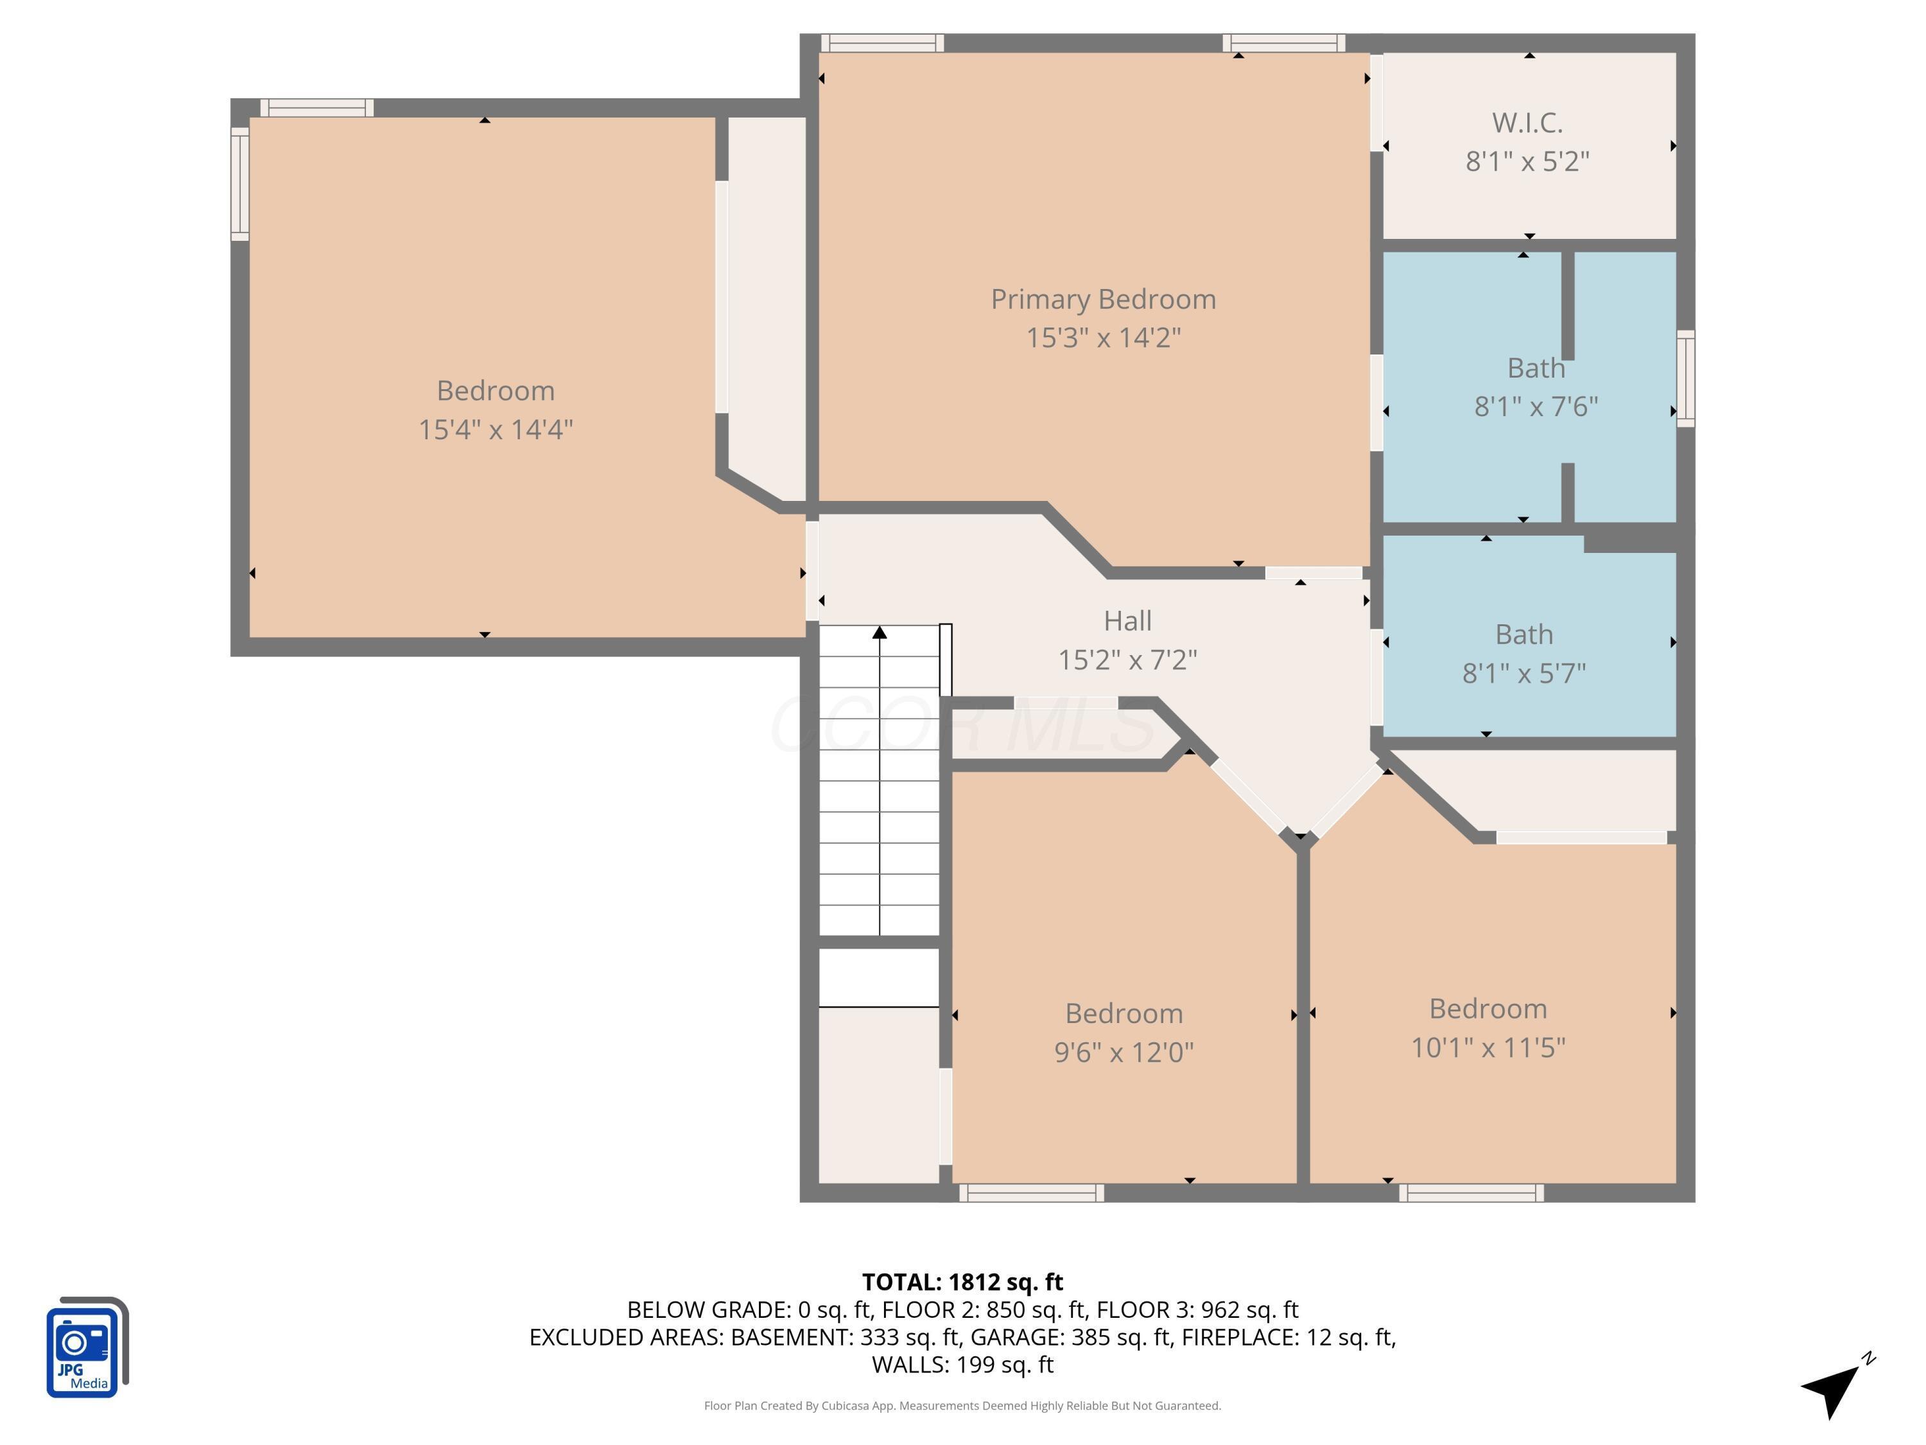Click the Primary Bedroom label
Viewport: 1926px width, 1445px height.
(x=1102, y=300)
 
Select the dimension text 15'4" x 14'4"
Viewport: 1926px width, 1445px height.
(x=496, y=430)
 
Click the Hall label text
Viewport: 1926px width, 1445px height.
(x=1127, y=621)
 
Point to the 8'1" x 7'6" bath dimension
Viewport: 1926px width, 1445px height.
(x=1536, y=407)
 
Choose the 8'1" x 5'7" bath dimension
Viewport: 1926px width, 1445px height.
(x=1523, y=673)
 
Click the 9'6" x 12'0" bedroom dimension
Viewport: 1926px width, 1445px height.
(x=1123, y=1052)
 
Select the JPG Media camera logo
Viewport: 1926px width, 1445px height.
(x=85, y=1348)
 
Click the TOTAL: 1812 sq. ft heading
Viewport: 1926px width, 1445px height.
(x=962, y=1282)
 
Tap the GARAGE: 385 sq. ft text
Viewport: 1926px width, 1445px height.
(x=1071, y=1337)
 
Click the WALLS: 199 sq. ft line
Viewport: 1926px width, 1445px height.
(x=962, y=1364)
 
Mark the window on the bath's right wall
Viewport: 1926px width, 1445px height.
(x=1686, y=378)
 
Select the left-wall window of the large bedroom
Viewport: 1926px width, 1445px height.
(x=239, y=184)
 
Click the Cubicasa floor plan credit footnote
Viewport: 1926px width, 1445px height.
(x=962, y=1406)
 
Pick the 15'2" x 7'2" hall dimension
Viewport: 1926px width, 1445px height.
(x=1127, y=660)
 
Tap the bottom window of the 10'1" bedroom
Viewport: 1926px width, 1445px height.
(x=1471, y=1193)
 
